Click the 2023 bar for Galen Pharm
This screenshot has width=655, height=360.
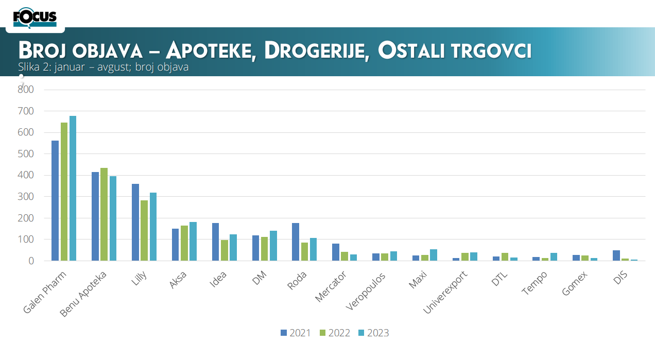coord(73,188)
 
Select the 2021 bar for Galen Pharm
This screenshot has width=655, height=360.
coord(55,201)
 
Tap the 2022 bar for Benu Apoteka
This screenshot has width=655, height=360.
coord(104,214)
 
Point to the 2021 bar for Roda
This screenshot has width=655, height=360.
coord(296,242)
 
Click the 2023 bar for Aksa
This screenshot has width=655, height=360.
coord(193,242)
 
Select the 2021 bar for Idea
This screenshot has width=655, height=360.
coord(215,242)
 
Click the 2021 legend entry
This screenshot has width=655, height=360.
coord(296,333)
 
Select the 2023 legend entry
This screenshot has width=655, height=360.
coord(374,333)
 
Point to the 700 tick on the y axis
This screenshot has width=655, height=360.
coord(26,111)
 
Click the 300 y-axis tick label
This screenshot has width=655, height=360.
coord(26,197)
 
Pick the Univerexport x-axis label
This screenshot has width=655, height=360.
coord(445,293)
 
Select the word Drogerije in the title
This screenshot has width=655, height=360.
coord(318,51)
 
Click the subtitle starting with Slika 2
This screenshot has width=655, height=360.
coord(104,67)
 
